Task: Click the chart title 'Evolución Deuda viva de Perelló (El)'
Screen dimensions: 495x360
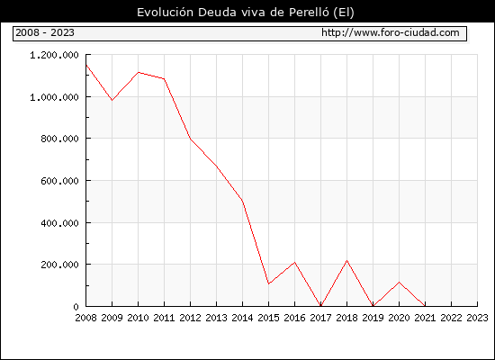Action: click(x=246, y=13)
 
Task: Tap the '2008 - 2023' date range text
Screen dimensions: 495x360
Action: click(x=45, y=32)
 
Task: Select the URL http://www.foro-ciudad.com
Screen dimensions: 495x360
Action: click(x=391, y=32)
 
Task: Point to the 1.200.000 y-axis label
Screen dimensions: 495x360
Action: click(x=54, y=55)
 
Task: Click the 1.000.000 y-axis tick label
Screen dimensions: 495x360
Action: click(x=54, y=97)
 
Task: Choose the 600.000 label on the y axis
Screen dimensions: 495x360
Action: click(x=59, y=181)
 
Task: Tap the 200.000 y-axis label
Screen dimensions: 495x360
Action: click(x=59, y=265)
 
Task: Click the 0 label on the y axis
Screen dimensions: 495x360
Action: click(x=76, y=307)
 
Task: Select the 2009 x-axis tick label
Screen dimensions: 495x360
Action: click(x=112, y=318)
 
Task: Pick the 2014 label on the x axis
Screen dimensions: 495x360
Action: click(x=242, y=318)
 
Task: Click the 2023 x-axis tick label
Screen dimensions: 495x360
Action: click(x=477, y=318)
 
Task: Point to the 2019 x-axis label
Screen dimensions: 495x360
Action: click(x=373, y=318)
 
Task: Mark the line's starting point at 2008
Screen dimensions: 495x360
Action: click(x=86, y=65)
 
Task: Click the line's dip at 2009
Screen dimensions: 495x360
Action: click(x=112, y=100)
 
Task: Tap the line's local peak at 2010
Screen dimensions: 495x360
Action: click(x=139, y=72)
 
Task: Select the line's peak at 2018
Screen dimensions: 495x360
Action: click(x=346, y=260)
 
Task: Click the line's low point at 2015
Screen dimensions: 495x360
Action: click(x=269, y=283)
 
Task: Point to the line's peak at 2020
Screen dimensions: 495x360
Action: click(x=399, y=282)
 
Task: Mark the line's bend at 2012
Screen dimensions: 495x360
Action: click(x=191, y=139)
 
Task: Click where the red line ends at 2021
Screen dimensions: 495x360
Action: click(x=425, y=306)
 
